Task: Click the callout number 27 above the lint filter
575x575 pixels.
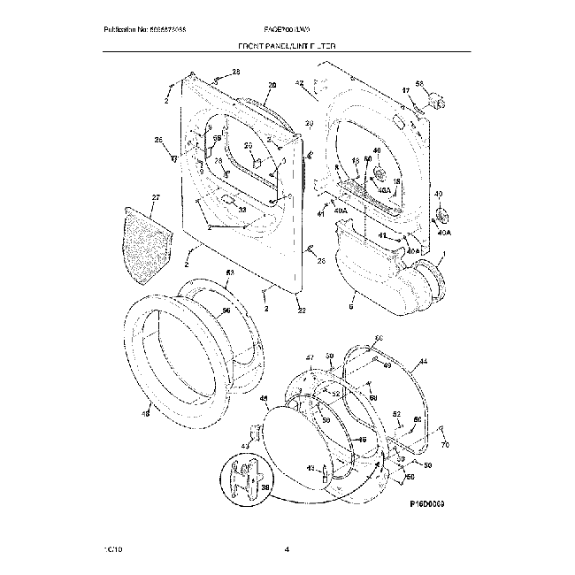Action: click(x=157, y=197)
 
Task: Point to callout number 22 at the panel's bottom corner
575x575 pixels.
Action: click(x=302, y=310)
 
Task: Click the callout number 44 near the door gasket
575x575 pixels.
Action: click(x=423, y=363)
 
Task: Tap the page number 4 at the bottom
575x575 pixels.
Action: click(x=287, y=549)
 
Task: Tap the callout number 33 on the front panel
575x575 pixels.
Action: click(x=242, y=209)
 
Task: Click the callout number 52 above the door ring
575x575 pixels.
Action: click(x=229, y=273)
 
